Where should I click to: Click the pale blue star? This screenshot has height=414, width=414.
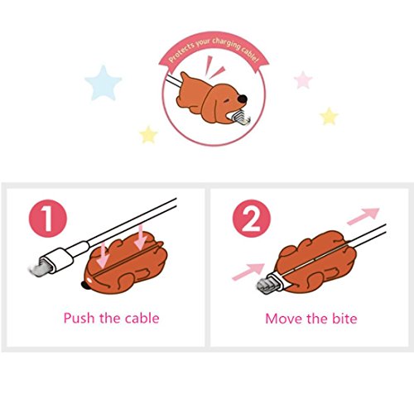[103, 83]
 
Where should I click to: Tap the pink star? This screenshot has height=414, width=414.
[303, 79]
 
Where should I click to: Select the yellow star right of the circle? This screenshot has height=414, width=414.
[329, 116]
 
